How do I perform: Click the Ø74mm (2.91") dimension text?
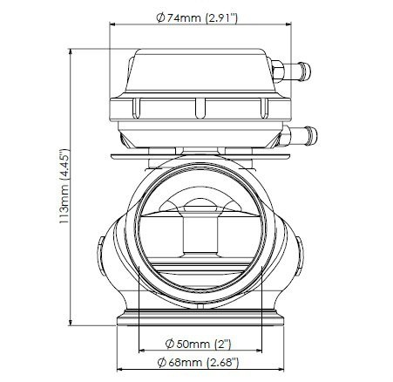tap(197, 18)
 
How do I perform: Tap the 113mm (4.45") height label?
tap(64, 186)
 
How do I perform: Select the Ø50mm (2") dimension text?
tap(198, 344)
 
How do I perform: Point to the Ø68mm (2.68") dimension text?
tap(198, 363)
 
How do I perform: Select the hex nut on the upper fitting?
tap(278, 72)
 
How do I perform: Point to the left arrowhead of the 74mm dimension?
tap(112, 24)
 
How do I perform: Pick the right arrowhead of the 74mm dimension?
tap(288, 24)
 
